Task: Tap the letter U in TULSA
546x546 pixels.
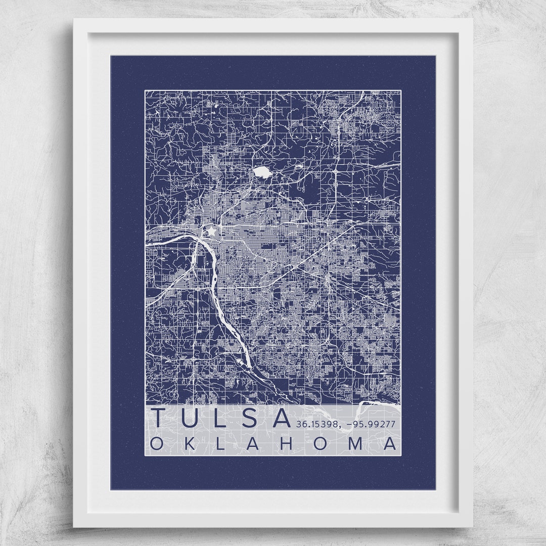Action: pyautogui.click(x=192, y=418)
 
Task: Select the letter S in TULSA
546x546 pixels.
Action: pyautogui.click(x=250, y=418)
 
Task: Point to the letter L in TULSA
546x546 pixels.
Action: pyautogui.click(x=221, y=418)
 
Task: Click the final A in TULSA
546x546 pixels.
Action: pyautogui.click(x=281, y=418)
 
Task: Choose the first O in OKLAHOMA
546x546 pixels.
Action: pyautogui.click(x=157, y=443)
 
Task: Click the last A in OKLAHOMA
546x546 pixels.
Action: pyautogui.click(x=390, y=443)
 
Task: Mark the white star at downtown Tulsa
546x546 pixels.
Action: pyautogui.click(x=210, y=232)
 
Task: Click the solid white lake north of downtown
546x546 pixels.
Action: pyautogui.click(x=262, y=172)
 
